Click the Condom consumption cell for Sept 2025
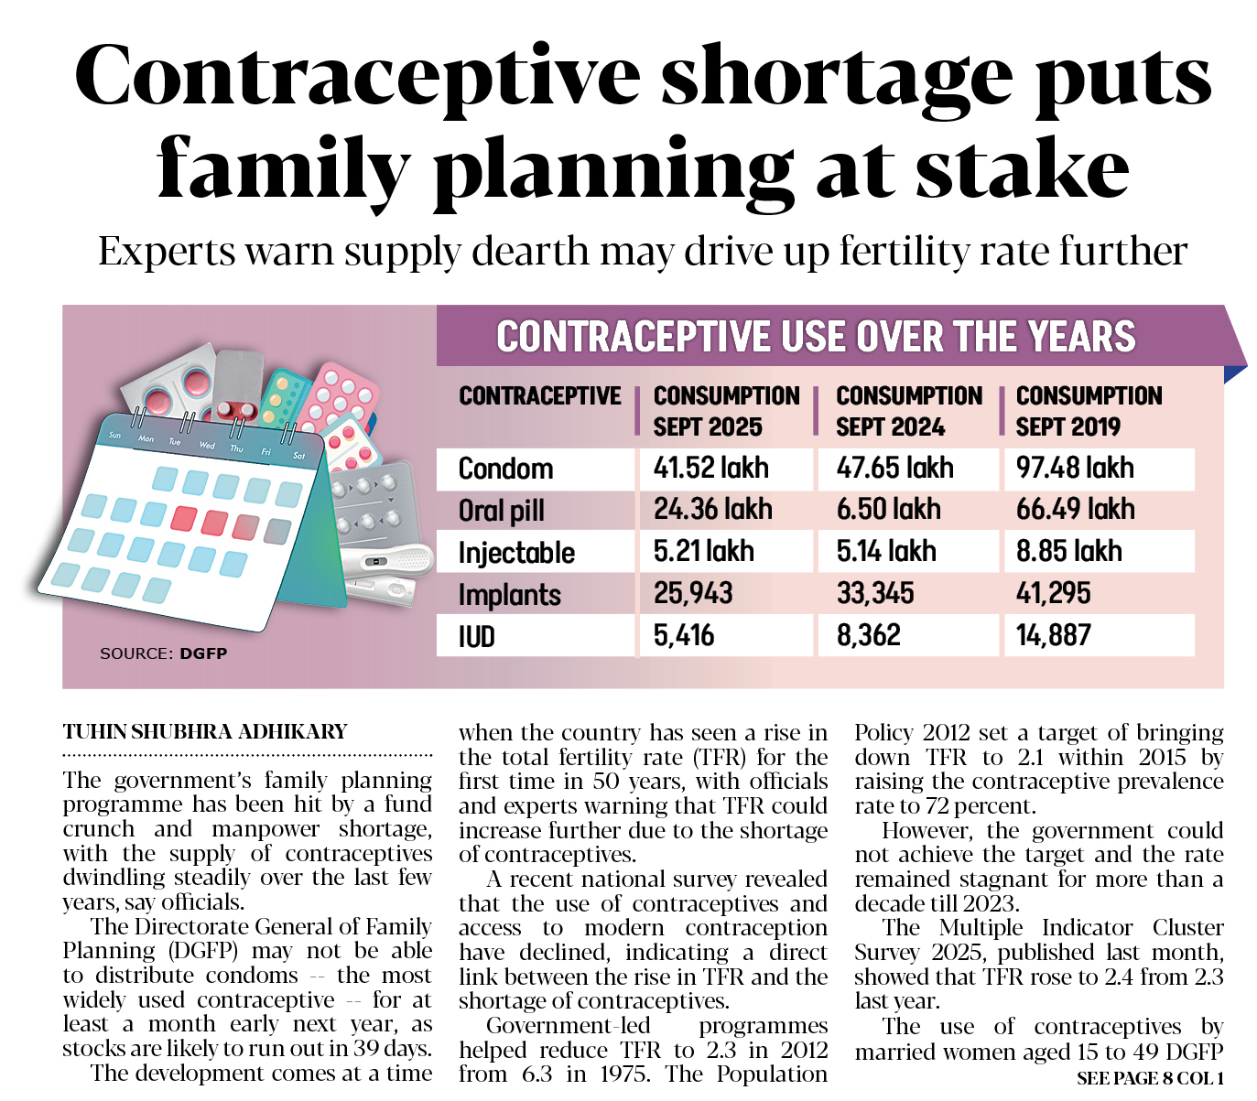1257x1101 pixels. coord(710,468)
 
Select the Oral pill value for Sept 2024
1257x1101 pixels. coord(888,510)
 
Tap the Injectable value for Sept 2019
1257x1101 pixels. coord(1068,551)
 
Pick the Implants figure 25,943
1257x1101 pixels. coord(693,593)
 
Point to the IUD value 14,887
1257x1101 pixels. coord(1053,635)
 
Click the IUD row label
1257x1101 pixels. coord(477,636)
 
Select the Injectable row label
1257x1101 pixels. coord(516,553)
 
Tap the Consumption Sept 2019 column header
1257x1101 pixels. coord(1089,411)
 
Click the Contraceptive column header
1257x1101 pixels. coord(539,396)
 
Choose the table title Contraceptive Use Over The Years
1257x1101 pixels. coord(816,337)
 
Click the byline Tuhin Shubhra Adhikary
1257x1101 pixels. coord(205,732)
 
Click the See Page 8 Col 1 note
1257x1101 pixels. coord(1150,1078)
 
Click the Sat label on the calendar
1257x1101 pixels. coord(299,455)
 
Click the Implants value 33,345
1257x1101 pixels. coord(875,593)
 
